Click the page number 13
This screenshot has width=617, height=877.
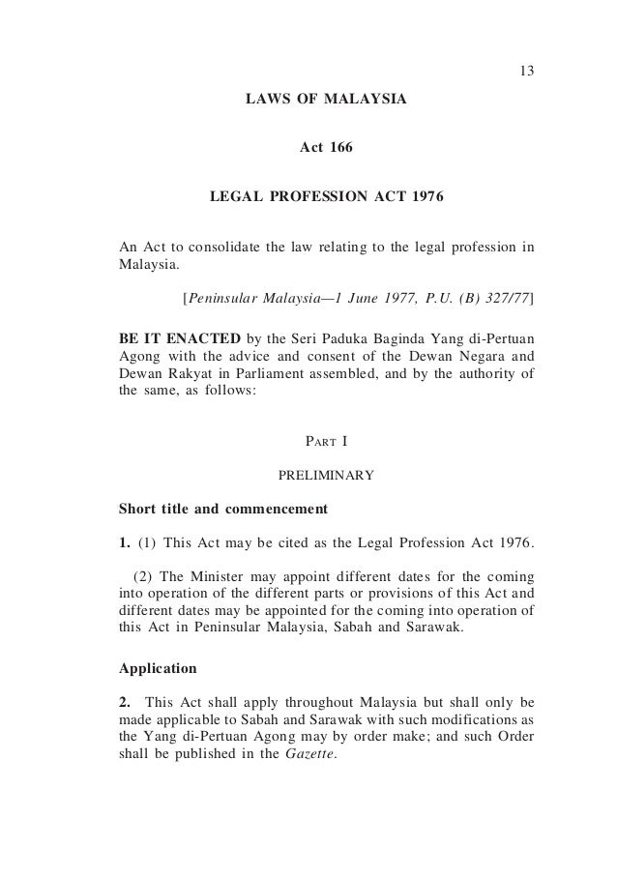click(526, 72)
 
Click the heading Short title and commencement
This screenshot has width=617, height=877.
click(222, 507)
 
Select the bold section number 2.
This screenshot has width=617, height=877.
click(123, 701)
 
